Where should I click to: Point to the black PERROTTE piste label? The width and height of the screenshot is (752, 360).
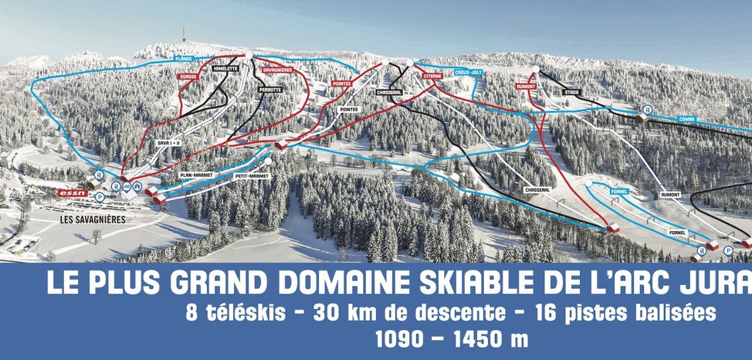270,89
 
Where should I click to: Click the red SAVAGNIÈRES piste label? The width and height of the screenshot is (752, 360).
276,70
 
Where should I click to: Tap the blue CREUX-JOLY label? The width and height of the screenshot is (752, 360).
469,72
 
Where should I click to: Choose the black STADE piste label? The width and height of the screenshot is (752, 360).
572,92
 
